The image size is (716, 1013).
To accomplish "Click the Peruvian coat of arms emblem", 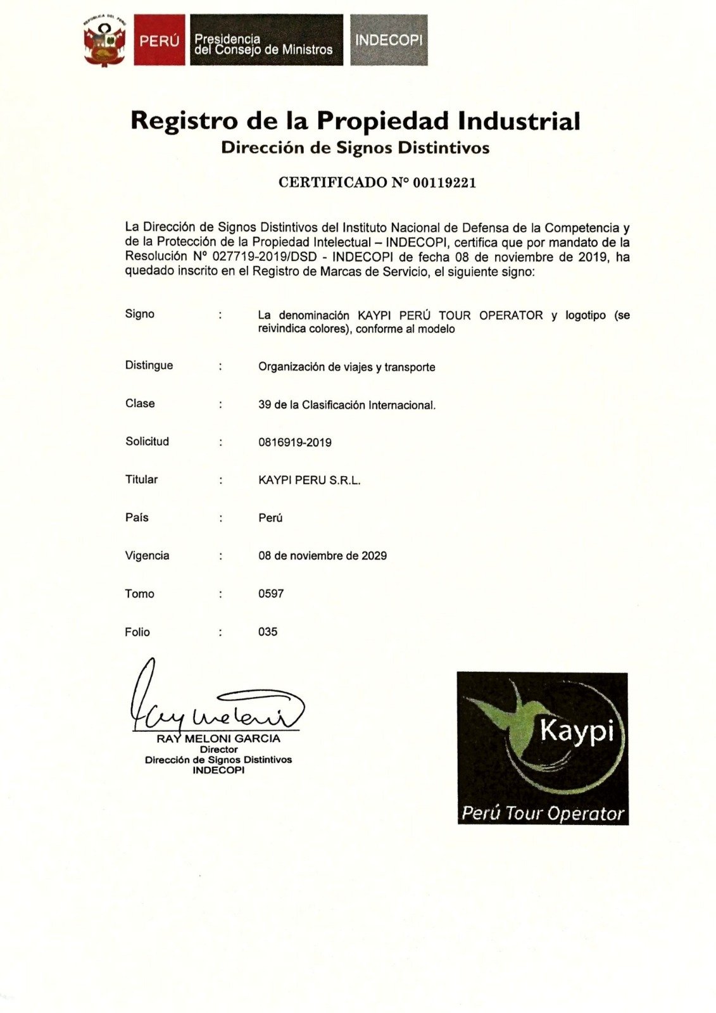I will click(104, 41).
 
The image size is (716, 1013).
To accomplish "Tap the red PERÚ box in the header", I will click(160, 41).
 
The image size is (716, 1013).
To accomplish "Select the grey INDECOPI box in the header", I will click(389, 40).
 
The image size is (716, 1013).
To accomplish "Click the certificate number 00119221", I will click(444, 183).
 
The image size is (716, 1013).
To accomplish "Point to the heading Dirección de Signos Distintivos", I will click(355, 148).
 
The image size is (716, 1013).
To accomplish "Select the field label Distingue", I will click(149, 365).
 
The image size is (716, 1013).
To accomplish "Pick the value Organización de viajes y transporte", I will click(346, 367).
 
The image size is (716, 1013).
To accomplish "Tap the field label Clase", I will click(140, 403).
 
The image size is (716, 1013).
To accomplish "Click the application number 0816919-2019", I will click(294, 443).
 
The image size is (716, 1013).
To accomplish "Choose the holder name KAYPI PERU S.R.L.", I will click(309, 481).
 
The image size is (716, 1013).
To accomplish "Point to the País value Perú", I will click(270, 518).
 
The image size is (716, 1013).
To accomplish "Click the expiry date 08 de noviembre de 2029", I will click(322, 556).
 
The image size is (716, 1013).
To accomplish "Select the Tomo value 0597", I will click(271, 594).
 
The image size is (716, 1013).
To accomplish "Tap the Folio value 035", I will click(268, 632).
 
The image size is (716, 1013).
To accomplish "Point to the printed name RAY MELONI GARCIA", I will click(218, 738).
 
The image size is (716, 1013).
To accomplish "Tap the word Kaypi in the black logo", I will click(577, 731).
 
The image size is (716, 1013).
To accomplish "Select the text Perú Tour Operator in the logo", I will click(543, 813).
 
